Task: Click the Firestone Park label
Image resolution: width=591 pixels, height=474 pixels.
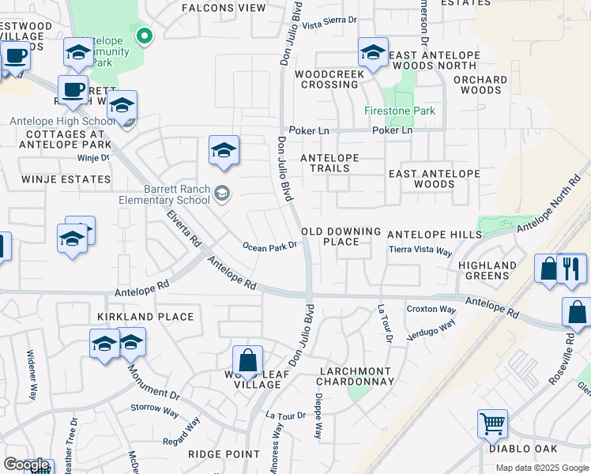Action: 400,111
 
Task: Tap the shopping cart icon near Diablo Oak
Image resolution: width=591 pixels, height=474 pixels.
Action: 492,424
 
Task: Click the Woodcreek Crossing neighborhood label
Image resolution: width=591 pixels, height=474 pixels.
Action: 329,79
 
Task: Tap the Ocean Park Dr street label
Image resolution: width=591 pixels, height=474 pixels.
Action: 269,246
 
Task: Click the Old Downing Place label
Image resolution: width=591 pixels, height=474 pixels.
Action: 341,236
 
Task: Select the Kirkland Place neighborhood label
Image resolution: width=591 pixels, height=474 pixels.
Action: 145,317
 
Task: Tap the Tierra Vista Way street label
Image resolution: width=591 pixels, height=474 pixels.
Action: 420,250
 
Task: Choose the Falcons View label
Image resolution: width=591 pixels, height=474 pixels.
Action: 224,8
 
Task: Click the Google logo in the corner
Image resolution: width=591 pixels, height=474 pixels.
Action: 26,465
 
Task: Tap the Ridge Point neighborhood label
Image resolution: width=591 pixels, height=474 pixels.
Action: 224,454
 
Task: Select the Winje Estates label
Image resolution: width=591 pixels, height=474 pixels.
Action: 55,179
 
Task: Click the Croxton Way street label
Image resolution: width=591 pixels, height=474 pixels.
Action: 431,309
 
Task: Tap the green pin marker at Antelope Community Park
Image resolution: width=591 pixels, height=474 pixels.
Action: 144,35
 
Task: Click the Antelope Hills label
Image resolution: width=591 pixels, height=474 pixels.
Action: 434,235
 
